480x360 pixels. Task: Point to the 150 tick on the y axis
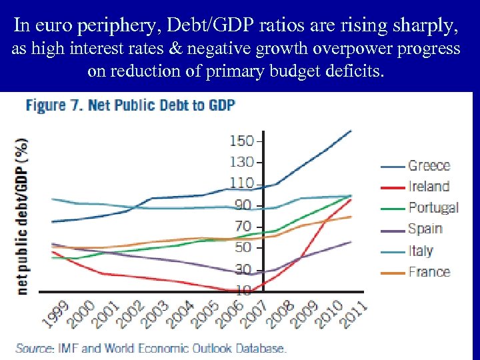point(242,141)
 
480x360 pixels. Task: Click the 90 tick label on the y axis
point(243,205)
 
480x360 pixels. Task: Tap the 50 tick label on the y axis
point(243,247)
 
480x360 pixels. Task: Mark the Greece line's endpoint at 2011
point(351,131)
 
